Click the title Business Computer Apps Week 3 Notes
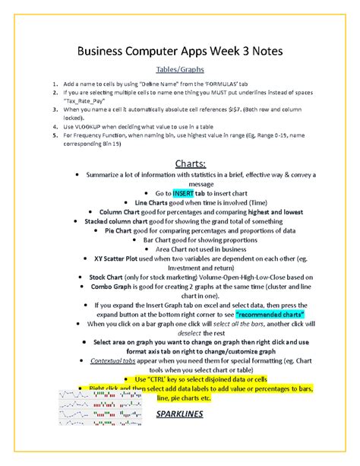pyautogui.click(x=180, y=51)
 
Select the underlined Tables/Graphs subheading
pyautogui.click(x=180, y=68)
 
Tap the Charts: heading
pyautogui.click(x=180, y=163)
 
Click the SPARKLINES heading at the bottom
pyautogui.click(x=180, y=415)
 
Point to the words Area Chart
pyautogui.click(x=176, y=249)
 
